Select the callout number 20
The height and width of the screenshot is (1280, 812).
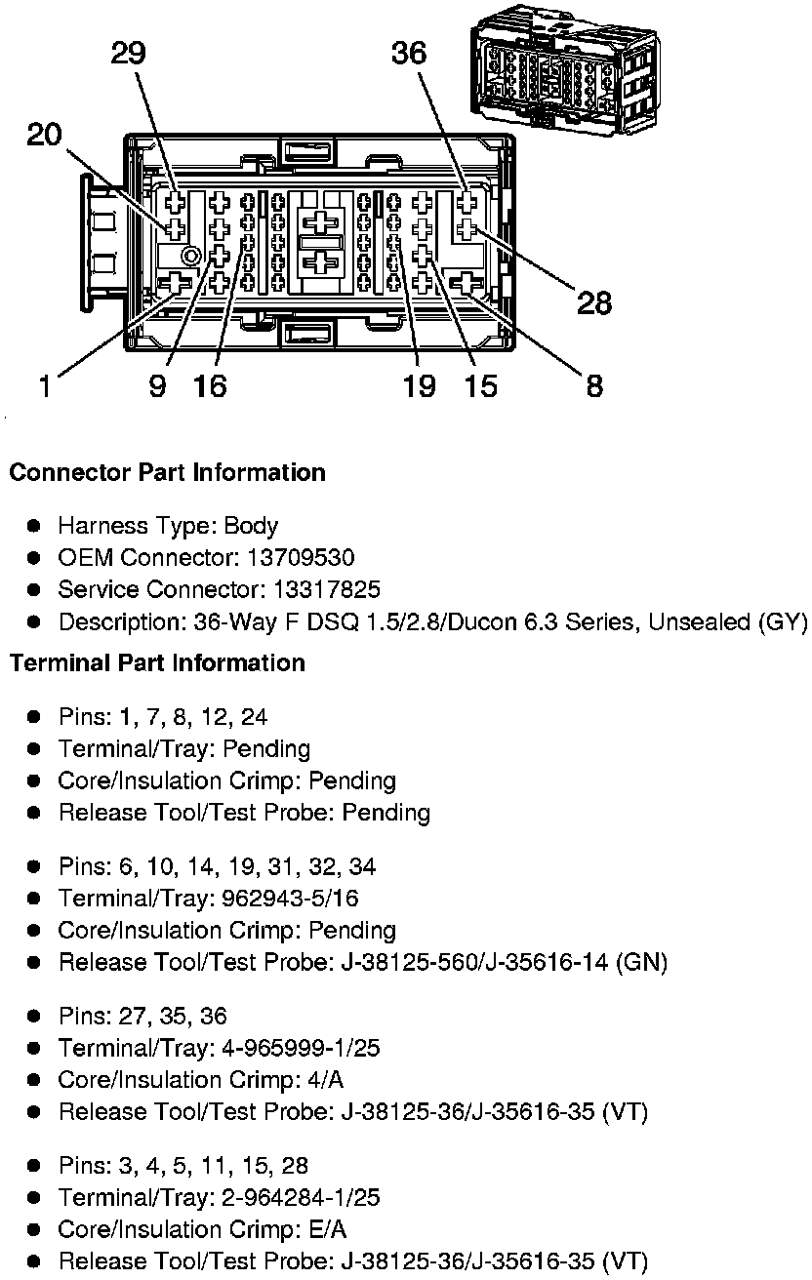coord(44,134)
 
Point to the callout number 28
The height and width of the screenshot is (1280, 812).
coord(594,303)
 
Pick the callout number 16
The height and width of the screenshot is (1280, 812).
coord(210,387)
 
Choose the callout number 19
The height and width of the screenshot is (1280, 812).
coord(420,387)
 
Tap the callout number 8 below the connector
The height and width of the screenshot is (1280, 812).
coord(594,387)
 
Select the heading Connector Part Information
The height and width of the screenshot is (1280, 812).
coord(167,473)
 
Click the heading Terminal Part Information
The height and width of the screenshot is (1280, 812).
coord(157,663)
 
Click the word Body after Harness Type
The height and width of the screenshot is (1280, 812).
coord(251,527)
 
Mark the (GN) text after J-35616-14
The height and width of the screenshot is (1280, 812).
coord(642,963)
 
